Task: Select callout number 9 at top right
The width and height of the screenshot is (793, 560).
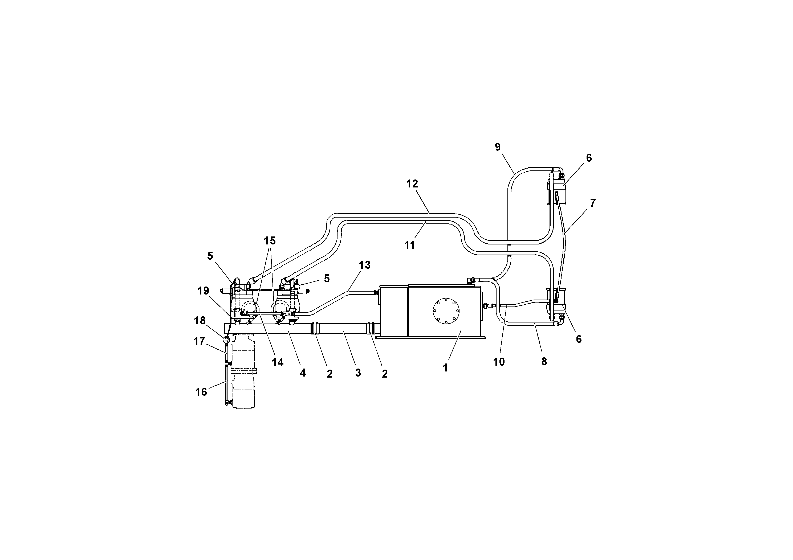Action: (497, 147)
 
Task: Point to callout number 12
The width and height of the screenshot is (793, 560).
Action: (412, 184)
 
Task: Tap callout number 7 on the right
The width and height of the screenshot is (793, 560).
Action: (593, 203)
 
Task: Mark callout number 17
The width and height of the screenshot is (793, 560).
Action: (199, 341)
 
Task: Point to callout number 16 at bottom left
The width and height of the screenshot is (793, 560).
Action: (201, 392)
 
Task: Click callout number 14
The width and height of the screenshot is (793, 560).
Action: (277, 362)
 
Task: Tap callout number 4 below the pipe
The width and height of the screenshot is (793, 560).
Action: (303, 373)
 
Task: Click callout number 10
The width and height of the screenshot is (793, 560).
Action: (499, 362)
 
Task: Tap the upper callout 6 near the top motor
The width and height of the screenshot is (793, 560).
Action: (589, 158)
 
